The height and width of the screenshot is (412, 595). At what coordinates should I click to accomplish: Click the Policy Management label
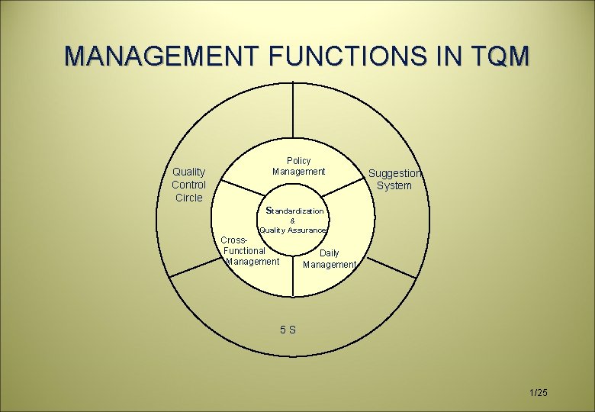299,166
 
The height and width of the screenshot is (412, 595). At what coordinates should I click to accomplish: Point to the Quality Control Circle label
188,185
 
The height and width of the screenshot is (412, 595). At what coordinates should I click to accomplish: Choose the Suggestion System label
394,179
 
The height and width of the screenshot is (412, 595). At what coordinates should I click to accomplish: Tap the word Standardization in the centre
295,210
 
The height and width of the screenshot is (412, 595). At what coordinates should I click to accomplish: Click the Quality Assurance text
293,230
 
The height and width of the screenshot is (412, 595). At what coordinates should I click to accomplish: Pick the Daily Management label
330,259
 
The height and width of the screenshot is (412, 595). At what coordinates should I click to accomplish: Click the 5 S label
288,330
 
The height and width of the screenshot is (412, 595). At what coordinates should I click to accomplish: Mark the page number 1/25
538,392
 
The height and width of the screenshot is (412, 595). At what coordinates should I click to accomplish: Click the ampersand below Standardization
293,220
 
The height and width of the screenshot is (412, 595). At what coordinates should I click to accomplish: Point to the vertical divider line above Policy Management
293,114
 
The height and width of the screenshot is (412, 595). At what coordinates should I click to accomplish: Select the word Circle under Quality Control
188,198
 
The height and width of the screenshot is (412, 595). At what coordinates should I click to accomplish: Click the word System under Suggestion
394,185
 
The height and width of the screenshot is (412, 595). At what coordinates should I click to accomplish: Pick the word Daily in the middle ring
330,253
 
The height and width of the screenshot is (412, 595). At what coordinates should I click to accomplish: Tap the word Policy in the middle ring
299,160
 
